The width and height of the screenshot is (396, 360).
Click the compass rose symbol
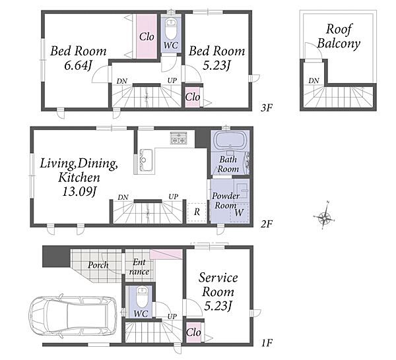[325, 216]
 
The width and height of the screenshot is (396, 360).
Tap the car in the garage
[73, 316]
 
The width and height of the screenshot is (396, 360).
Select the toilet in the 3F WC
[171, 28]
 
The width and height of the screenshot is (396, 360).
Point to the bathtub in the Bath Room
[229, 140]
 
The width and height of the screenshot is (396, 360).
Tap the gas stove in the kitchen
[179, 138]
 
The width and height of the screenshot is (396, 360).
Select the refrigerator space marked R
[197, 212]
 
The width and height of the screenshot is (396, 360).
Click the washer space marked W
[239, 212]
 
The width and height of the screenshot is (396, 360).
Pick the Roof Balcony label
[339, 36]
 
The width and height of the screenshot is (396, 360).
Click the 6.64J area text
[77, 65]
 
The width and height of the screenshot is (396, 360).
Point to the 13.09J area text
[79, 191]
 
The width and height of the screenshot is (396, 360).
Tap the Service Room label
[218, 285]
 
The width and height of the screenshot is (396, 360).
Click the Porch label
[98, 265]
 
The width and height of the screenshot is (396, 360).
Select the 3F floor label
[267, 108]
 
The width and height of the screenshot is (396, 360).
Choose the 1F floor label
[267, 343]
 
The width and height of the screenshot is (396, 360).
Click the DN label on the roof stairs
[313, 80]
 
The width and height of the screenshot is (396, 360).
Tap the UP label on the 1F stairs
[172, 316]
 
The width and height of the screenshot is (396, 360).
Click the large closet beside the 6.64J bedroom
[147, 36]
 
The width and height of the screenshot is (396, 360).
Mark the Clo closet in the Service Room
[193, 332]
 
